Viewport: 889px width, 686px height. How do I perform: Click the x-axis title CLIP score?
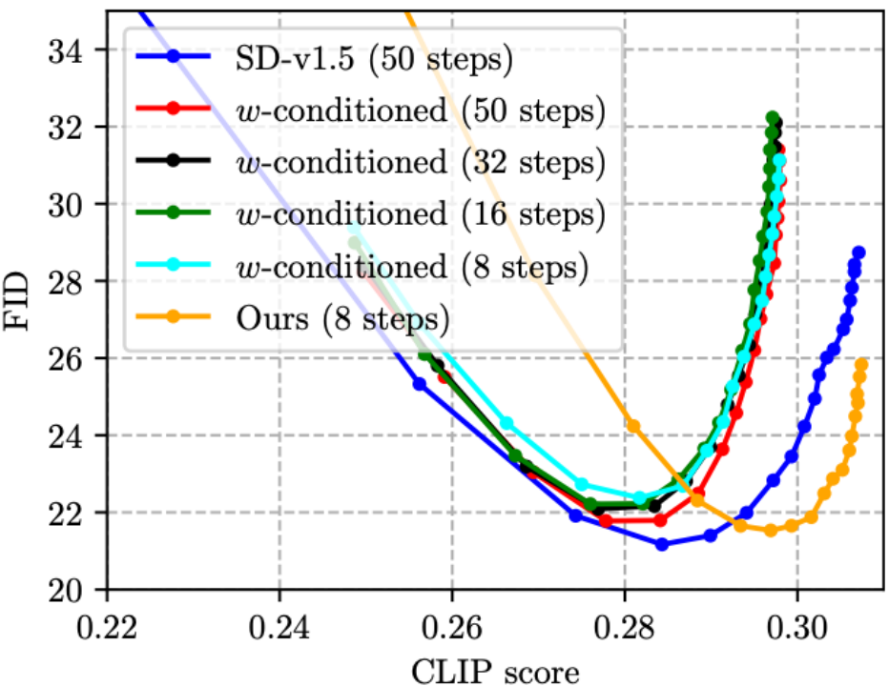[496, 669]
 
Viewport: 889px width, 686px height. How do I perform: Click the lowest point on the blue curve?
[662, 545]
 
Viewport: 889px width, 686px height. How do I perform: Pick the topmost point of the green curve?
[773, 117]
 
